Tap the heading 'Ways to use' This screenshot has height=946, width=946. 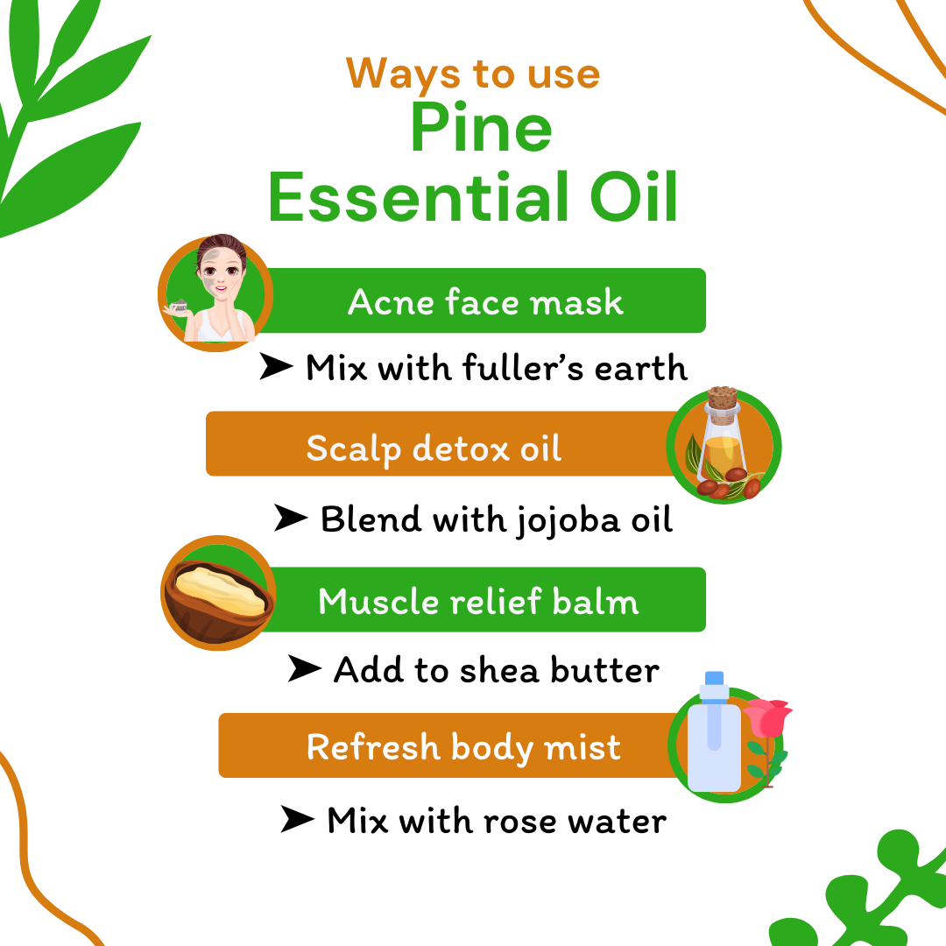click(473, 73)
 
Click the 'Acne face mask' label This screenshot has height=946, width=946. click(485, 302)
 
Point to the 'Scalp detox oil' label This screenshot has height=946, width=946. click(434, 448)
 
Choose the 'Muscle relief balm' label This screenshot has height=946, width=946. click(478, 602)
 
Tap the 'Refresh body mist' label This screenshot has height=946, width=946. click(463, 747)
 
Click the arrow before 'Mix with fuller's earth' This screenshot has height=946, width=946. click(275, 369)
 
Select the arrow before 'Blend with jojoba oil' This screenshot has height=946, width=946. click(290, 519)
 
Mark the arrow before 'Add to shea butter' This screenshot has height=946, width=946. click(304, 670)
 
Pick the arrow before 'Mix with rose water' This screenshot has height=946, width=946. click(297, 822)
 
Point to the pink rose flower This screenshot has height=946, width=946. click(768, 718)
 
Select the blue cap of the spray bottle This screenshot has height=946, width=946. click(714, 679)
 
